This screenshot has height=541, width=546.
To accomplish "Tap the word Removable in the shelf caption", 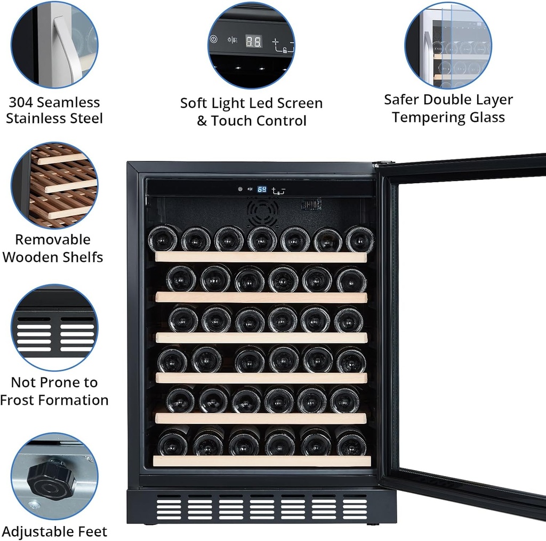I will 52,240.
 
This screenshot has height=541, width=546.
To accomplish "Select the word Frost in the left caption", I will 22,400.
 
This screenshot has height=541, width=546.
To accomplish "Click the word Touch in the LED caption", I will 233,121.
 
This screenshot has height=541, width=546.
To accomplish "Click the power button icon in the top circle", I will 214,39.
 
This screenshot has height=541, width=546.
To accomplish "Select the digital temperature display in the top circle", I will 253,42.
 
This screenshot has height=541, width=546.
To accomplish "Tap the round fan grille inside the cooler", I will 262,212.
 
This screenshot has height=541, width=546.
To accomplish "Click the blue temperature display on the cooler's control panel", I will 262,189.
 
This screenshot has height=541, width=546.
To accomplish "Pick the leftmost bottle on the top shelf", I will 164,239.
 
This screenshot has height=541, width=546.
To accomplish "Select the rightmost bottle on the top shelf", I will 359,240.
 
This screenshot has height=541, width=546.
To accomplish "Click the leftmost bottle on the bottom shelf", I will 173,442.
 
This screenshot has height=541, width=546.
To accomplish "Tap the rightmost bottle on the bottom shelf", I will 351,442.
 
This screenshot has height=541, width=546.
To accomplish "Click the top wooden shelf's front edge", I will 261,257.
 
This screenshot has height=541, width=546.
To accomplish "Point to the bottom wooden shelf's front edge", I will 261,461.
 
